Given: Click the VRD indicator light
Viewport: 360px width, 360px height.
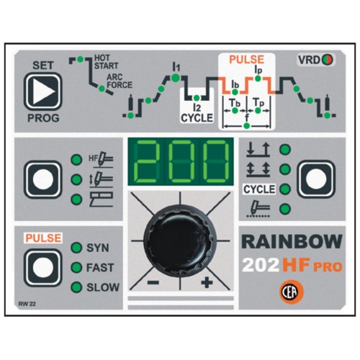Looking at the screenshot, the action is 328,60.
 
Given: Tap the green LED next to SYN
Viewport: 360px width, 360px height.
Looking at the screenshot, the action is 76,248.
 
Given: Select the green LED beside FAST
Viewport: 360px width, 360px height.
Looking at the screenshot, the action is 76,267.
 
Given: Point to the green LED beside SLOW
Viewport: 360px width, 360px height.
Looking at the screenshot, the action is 76,287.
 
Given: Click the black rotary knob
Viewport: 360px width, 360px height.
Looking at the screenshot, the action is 179,240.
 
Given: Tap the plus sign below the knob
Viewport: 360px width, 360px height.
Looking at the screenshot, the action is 207,282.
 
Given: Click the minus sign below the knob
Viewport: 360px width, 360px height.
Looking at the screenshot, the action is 153,282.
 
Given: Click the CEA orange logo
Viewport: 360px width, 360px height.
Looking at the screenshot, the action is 292,292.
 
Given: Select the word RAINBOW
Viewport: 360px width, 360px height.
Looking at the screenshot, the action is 292,242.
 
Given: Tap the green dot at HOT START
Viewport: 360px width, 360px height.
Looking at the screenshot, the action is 81,59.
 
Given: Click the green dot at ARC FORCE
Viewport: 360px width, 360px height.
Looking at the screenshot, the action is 102,89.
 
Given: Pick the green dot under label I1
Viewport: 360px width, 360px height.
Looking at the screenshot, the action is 175,78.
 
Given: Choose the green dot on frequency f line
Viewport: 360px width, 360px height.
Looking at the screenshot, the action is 247,125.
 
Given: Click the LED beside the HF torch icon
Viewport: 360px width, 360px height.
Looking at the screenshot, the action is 76,160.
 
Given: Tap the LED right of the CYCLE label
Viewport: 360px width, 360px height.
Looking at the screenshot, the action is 285,189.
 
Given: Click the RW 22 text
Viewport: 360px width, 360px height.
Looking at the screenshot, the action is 27,304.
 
